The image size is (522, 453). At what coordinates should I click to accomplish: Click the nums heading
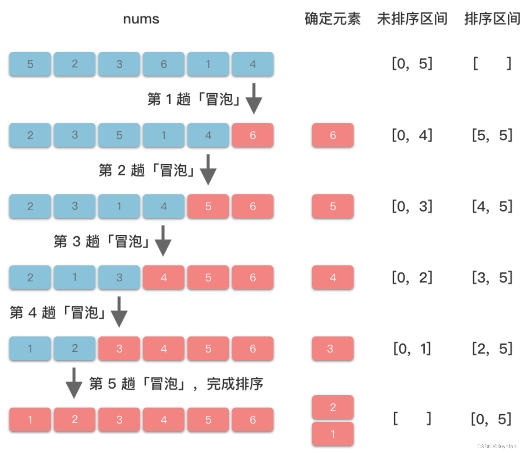(x=141, y=19)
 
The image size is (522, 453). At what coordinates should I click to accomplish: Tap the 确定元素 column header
(x=332, y=19)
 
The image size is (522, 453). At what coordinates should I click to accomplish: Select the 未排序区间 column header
(x=412, y=19)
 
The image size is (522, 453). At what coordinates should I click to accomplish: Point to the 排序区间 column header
(x=492, y=19)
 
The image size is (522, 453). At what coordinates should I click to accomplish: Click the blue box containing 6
(x=163, y=64)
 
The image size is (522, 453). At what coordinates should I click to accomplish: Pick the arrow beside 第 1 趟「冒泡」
(x=254, y=98)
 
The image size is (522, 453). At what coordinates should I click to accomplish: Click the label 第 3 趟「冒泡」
(x=101, y=241)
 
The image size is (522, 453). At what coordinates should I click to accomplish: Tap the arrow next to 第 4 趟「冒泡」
(x=119, y=312)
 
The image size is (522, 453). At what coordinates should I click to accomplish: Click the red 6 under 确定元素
(x=332, y=135)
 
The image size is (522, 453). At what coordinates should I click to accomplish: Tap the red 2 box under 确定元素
(x=332, y=407)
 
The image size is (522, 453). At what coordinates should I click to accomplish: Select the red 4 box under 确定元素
(x=332, y=277)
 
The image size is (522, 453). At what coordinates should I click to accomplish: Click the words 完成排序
(x=235, y=383)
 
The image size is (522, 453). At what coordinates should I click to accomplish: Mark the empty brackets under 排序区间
(x=492, y=63)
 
